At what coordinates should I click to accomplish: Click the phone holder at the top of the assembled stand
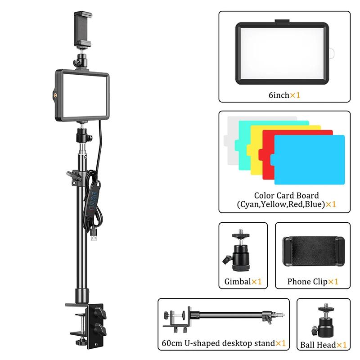click(83, 29)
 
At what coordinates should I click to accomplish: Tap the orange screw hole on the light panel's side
click(55, 94)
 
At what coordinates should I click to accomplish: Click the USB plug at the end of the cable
click(94, 234)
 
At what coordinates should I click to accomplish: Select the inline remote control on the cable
click(93, 200)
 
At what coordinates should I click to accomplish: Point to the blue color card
click(309, 160)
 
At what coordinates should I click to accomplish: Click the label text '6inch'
click(279, 95)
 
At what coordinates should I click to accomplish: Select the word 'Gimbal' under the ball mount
click(238, 282)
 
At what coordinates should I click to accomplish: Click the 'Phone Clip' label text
click(307, 282)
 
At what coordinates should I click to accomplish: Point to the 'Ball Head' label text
click(318, 345)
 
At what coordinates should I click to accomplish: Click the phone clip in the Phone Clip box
click(314, 252)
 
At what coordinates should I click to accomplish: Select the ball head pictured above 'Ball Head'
click(323, 321)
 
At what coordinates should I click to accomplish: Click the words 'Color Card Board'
click(286, 196)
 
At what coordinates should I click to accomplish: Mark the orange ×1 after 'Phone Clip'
click(333, 282)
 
